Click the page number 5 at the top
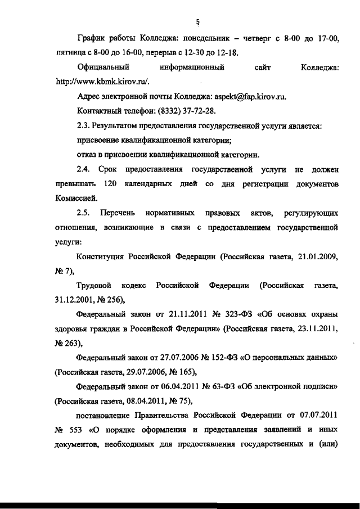(198, 22)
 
